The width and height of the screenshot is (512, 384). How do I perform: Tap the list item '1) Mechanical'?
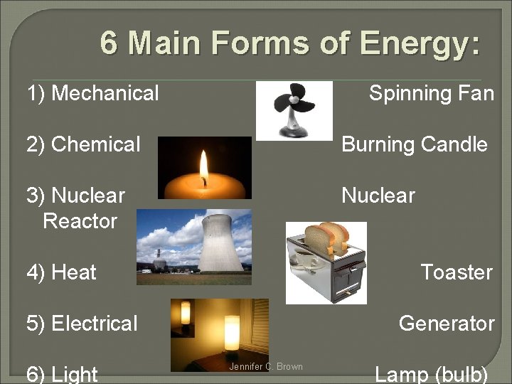92,93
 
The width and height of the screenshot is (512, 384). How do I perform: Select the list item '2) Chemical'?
83,144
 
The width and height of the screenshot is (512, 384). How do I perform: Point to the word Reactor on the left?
80,221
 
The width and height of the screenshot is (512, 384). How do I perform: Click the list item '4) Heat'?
61,272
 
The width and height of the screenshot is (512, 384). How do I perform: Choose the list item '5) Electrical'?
82,324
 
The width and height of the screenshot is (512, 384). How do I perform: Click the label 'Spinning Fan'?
431,93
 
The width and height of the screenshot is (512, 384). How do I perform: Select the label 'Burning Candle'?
415,144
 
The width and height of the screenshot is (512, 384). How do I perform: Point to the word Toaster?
456,272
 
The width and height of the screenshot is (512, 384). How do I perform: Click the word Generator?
446,324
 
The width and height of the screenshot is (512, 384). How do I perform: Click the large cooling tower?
220,246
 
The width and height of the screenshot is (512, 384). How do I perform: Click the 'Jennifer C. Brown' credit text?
265,367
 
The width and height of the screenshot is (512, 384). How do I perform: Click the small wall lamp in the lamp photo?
186,312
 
